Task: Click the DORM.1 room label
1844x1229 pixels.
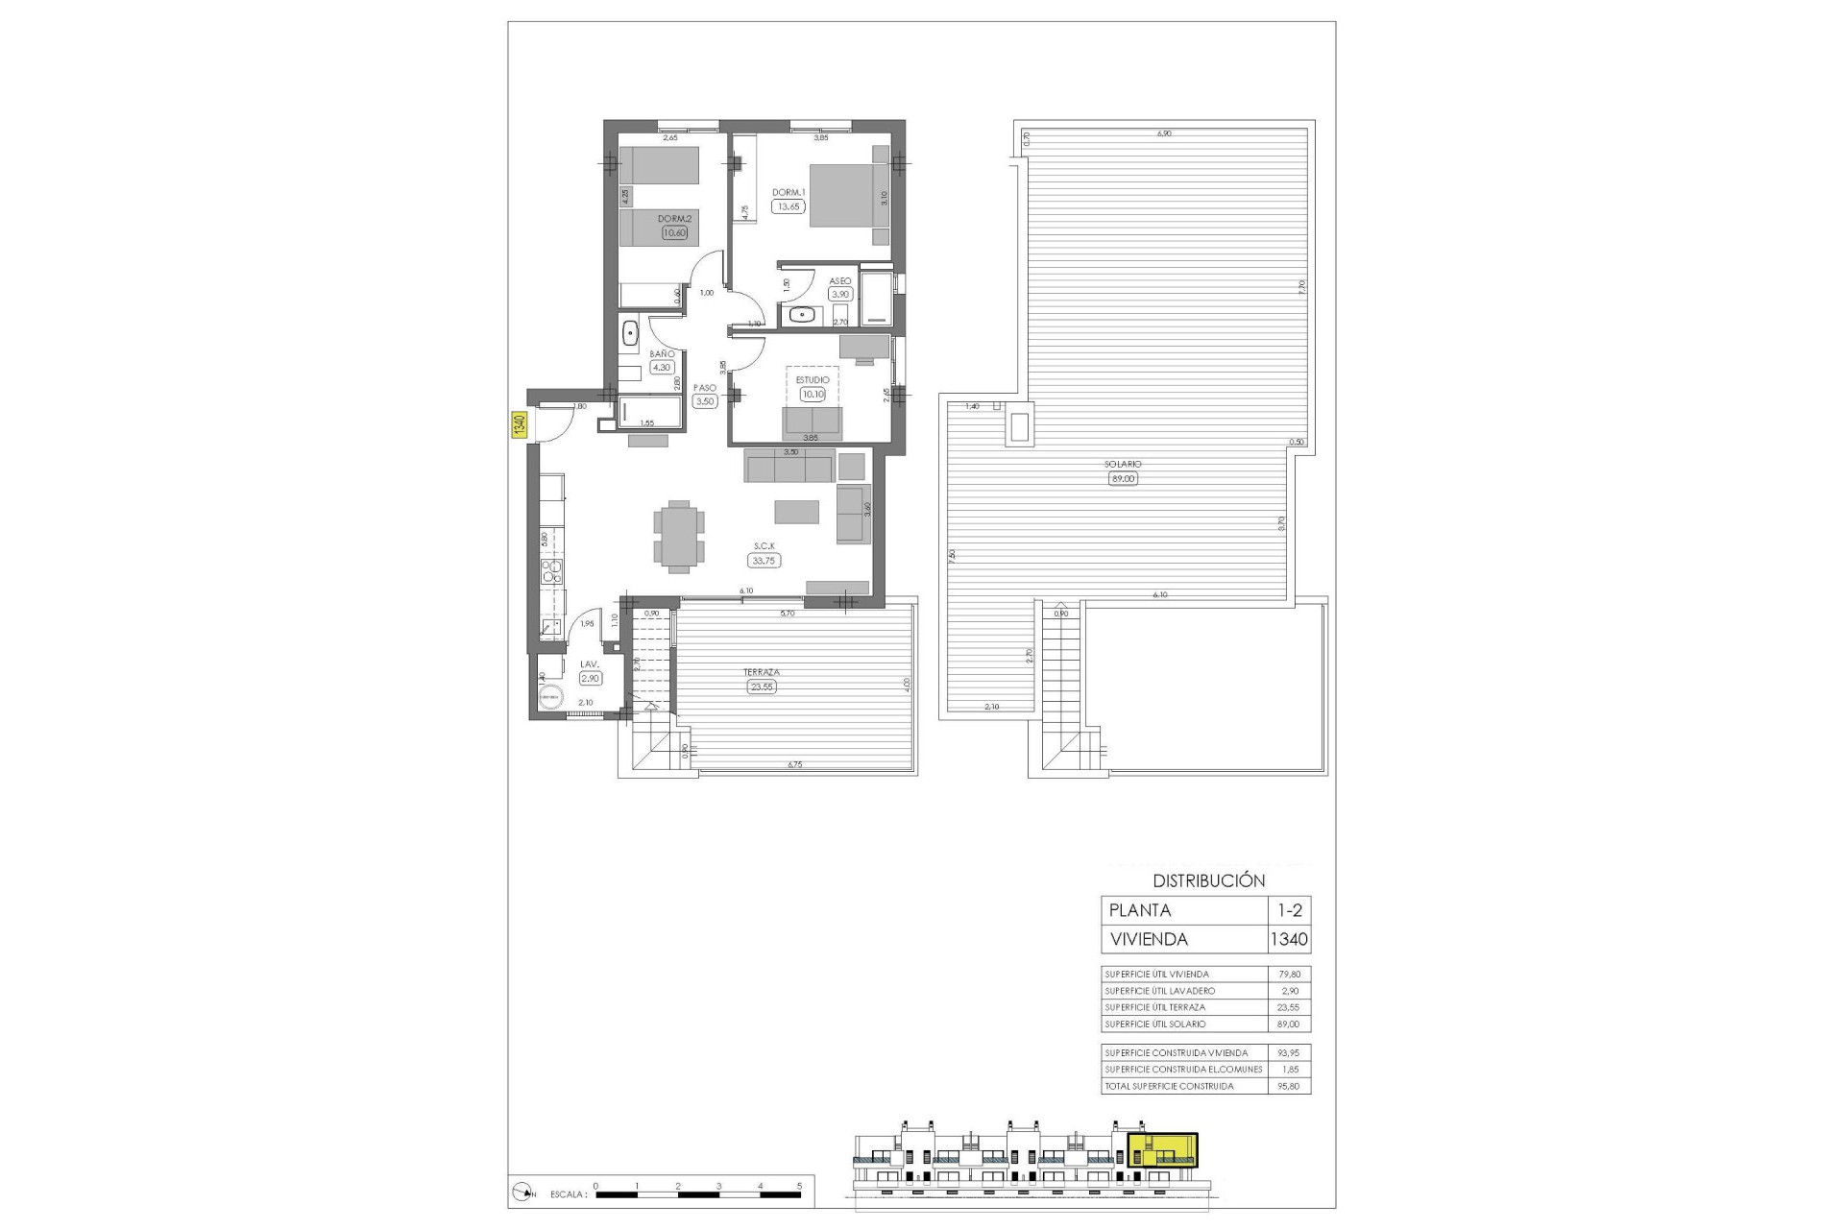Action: tap(789, 192)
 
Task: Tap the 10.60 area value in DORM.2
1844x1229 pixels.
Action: tap(674, 232)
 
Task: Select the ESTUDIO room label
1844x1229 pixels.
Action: tap(813, 380)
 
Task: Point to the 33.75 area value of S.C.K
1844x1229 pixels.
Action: tap(764, 561)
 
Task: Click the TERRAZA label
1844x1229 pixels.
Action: tap(761, 672)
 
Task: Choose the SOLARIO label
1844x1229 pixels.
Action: tap(1123, 465)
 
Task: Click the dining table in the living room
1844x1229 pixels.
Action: tap(679, 536)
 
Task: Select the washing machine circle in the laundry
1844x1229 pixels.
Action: tap(550, 698)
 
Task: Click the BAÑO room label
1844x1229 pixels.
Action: tap(662, 354)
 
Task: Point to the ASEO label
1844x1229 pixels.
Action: tap(840, 281)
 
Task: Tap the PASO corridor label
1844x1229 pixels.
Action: tap(705, 388)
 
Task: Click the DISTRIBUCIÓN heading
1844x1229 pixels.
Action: tap(1208, 880)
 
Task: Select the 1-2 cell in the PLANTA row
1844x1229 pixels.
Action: tap(1289, 910)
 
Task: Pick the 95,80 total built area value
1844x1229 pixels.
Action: tap(1289, 1086)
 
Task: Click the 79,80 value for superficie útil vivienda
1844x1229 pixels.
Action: tap(1289, 975)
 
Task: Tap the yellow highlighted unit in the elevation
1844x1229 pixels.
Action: tap(1162, 1150)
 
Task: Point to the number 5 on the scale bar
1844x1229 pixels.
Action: tap(800, 1187)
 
